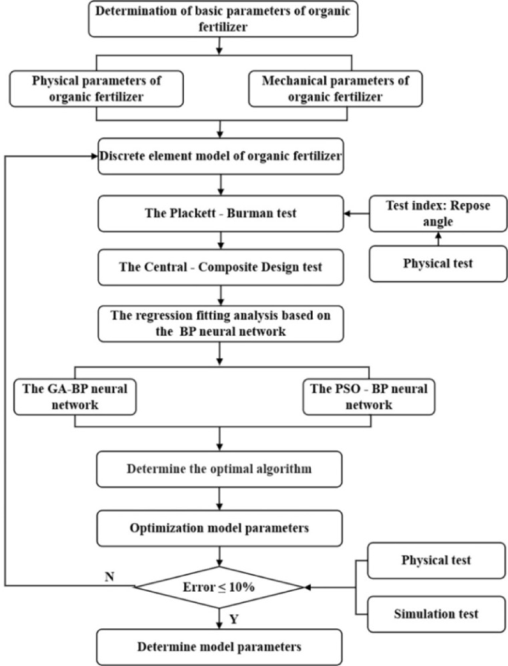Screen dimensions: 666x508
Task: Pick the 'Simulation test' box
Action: (433, 613)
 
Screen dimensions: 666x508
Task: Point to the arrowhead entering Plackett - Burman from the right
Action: (346, 214)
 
